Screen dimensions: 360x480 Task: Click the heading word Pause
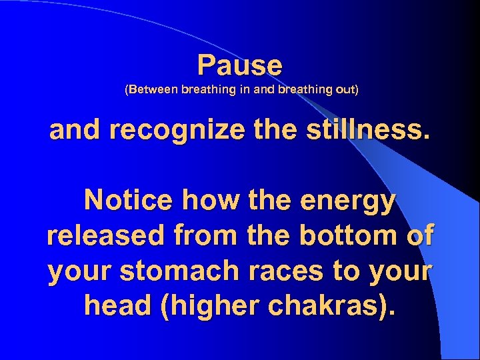click(240, 65)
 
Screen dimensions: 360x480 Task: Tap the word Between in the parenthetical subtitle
click(152, 90)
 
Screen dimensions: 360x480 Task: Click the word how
click(202, 199)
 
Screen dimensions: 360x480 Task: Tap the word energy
click(347, 201)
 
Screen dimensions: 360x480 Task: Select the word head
click(115, 306)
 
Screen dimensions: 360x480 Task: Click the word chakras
click(333, 306)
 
